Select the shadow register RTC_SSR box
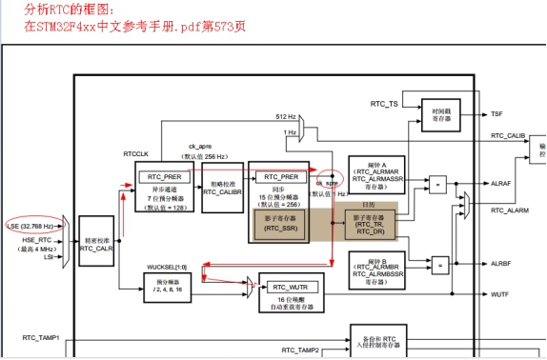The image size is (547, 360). [x=279, y=224]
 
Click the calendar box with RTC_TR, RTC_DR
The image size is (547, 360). [x=370, y=224]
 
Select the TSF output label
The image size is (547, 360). [x=497, y=113]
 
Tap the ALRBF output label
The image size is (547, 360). [x=501, y=263]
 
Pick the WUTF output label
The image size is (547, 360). [x=500, y=294]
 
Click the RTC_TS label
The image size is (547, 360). [x=384, y=103]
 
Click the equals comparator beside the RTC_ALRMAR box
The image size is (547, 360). [x=439, y=182]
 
